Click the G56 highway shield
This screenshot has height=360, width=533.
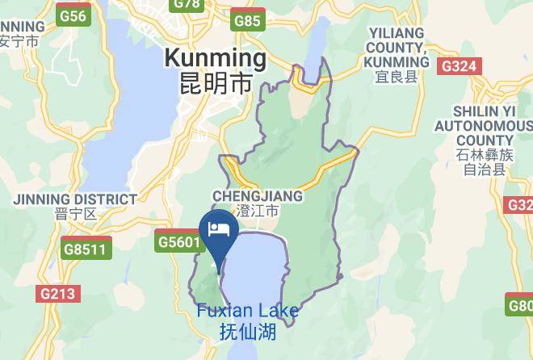click(73, 16)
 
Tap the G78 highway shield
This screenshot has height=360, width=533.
click(187, 4)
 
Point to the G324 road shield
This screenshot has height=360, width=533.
click(459, 66)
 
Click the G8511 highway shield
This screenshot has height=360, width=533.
click(85, 249)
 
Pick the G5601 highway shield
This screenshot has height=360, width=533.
click(177, 241)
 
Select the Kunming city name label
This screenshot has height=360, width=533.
click(215, 58)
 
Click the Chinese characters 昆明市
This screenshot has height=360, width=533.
click(215, 82)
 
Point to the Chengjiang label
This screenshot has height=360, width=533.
click(258, 196)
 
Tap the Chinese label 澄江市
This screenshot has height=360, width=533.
click(258, 211)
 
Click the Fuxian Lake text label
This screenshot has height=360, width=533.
click(247, 311)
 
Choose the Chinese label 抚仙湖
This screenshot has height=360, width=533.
click(247, 330)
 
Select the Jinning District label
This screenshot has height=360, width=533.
click(74, 199)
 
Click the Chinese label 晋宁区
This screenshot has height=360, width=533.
click(76, 215)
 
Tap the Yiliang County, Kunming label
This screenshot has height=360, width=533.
click(397, 47)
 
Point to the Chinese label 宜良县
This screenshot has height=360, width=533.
click(397, 77)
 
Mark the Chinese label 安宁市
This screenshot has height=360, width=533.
click(19, 40)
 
